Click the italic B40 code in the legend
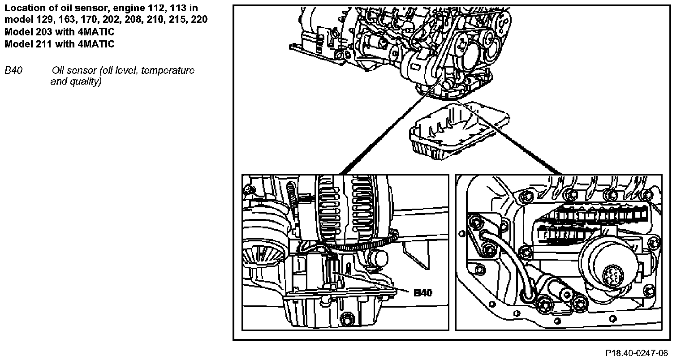tap(13, 71)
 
